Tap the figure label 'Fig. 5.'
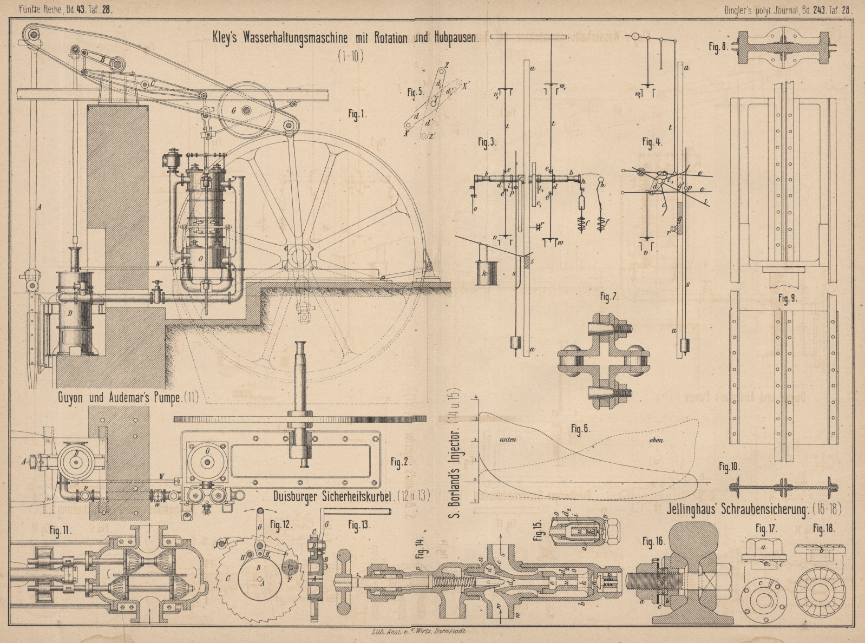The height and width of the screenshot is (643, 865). click(415, 92)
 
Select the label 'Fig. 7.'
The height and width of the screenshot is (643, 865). click(609, 297)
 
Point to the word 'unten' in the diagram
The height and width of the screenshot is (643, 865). click(508, 439)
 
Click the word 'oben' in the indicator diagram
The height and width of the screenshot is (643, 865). click(656, 440)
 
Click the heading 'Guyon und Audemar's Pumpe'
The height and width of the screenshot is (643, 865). click(128, 398)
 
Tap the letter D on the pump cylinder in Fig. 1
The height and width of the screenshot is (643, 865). click(70, 313)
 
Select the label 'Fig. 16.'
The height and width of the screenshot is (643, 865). click(653, 541)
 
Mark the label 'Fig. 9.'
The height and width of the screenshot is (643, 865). click(788, 298)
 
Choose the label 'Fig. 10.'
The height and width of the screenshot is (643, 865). click(729, 467)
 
